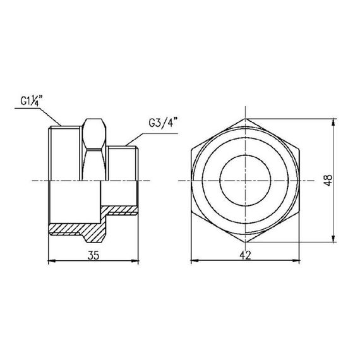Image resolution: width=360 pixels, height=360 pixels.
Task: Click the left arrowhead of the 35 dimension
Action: coord(51,260)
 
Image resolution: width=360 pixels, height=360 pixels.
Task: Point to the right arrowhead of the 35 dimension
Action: coord(138,260)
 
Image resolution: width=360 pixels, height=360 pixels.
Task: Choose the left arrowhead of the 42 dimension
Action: coord(193,260)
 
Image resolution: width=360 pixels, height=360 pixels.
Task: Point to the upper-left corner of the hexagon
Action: coord(191,150)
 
